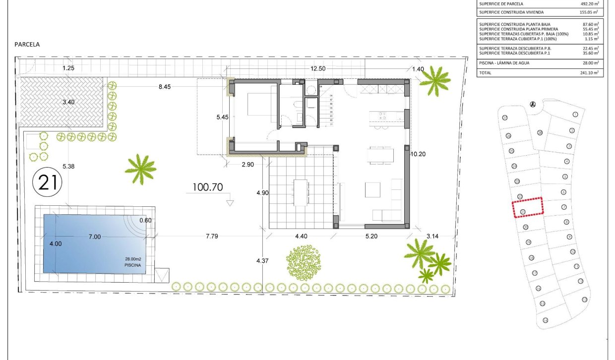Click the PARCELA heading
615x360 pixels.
click(27, 44)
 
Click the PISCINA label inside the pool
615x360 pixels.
click(132, 266)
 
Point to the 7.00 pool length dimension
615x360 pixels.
click(94, 237)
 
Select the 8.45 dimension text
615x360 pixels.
click(164, 87)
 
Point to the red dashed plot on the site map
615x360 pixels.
click(527, 207)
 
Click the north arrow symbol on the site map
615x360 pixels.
click(533, 105)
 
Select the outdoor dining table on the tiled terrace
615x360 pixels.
click(301, 192)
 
